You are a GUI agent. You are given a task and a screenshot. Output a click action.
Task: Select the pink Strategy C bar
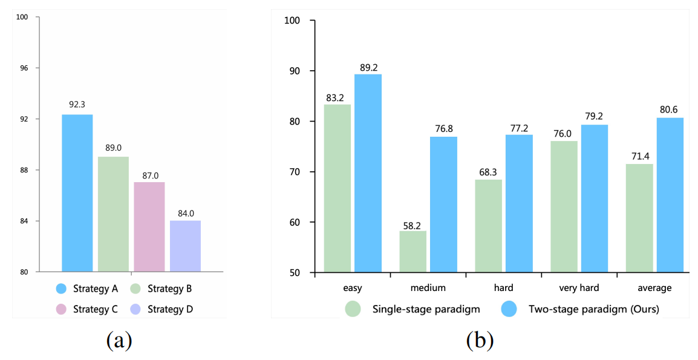click(149, 226)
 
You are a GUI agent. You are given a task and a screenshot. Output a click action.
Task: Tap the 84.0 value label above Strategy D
click(185, 213)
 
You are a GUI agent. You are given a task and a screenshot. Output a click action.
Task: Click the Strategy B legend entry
click(163, 289)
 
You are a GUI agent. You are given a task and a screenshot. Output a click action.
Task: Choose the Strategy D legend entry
click(163, 309)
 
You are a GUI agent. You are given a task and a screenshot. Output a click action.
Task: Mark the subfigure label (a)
click(119, 341)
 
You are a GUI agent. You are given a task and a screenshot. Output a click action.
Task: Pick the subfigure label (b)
click(480, 341)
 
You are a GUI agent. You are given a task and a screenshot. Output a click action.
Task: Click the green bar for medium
click(413, 252)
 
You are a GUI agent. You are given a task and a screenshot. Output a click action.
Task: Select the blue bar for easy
click(368, 173)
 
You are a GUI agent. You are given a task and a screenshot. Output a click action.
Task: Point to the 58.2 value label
click(413, 224)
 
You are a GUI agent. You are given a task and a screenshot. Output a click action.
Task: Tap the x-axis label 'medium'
click(428, 288)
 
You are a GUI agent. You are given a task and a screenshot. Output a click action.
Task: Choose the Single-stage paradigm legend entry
click(413, 309)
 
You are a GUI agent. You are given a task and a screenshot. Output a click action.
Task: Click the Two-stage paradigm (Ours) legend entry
click(581, 309)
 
